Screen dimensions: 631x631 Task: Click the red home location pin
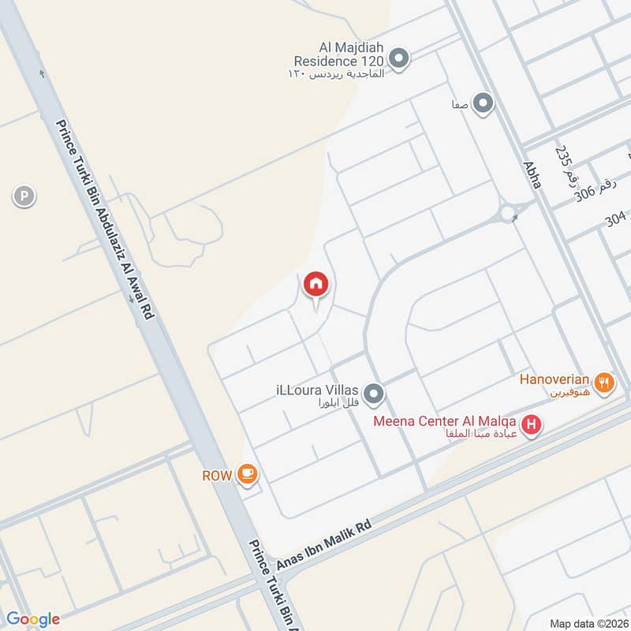pos(316,284)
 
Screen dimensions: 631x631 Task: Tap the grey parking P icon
pos(24,196)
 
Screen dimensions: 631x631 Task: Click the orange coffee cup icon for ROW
pos(248,473)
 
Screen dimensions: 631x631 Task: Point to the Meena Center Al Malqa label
pos(446,419)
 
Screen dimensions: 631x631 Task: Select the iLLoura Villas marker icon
pos(374,392)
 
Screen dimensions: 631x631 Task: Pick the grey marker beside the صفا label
pos(484,103)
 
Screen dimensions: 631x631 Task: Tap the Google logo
pos(32,618)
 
